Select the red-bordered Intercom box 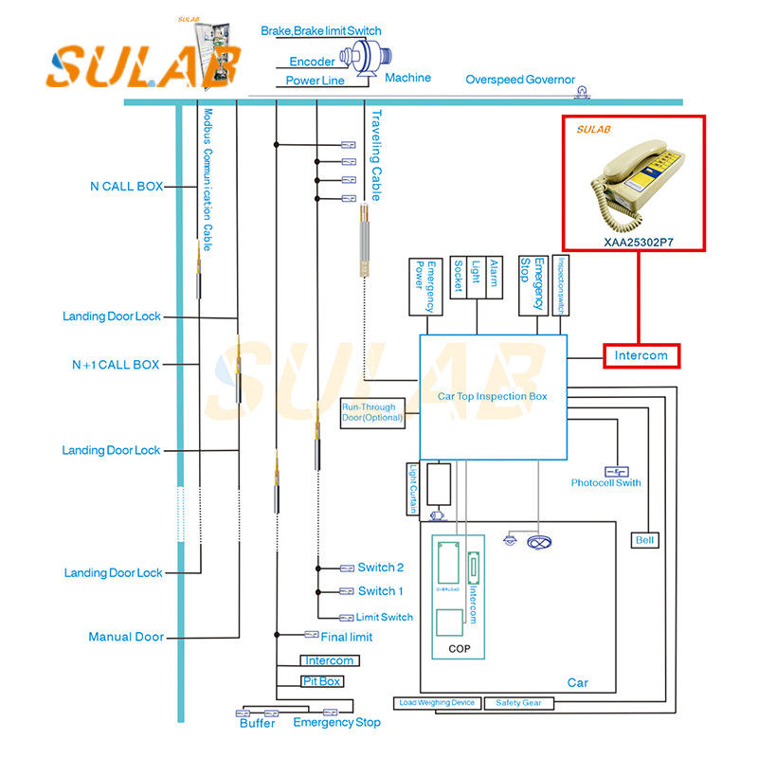coord(641,356)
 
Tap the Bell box coord(645,540)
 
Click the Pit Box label coord(322,680)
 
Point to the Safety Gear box coord(518,703)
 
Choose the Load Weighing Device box coord(437,703)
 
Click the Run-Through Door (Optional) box coord(372,412)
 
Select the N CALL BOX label coord(126,187)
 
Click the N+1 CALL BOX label coord(116,365)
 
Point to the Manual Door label coord(126,637)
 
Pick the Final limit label coord(347,637)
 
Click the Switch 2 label coord(381,568)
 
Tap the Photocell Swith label coord(605,483)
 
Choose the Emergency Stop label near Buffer coord(336,722)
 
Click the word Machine coord(407,78)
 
